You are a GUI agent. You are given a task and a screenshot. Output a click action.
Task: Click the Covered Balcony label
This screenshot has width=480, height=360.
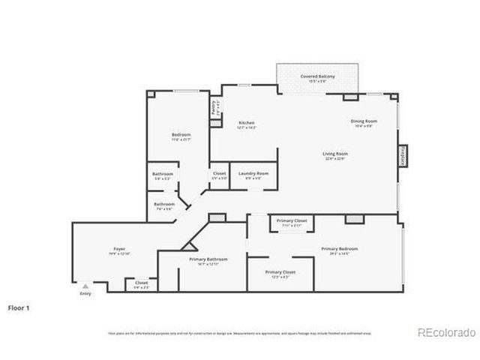tap(317, 76)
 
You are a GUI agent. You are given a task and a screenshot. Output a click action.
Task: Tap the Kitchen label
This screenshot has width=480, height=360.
tap(247, 123)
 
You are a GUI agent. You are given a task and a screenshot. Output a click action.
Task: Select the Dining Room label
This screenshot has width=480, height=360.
tap(364, 121)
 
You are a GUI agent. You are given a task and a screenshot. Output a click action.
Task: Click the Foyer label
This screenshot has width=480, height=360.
tap(119, 249)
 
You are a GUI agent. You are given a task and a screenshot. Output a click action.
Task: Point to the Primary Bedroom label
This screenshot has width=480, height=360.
tap(339, 249)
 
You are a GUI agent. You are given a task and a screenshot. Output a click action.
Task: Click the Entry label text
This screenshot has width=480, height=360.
tap(85, 293)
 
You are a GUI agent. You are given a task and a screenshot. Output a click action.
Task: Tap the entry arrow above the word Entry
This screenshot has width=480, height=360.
tap(85, 286)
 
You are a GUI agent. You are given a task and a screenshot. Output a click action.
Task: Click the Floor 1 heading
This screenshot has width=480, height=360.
tap(19, 307)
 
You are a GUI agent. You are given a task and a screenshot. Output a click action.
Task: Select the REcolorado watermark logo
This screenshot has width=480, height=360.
tap(446, 332)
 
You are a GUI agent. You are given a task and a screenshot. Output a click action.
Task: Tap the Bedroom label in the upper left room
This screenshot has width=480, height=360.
tap(181, 135)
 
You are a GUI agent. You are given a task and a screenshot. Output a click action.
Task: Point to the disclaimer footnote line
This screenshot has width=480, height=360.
tap(239, 333)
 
